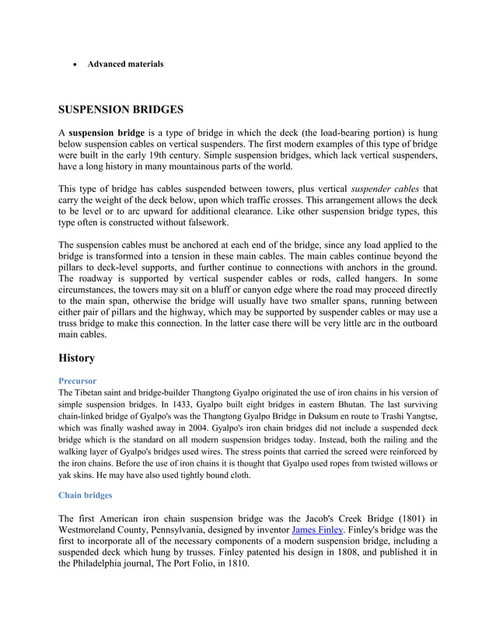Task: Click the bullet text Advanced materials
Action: point(125,64)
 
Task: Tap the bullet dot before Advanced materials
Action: point(74,65)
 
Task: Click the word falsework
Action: point(207,223)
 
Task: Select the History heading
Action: point(77,358)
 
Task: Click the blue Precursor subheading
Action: point(78,381)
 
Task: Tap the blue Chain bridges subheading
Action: point(86,495)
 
